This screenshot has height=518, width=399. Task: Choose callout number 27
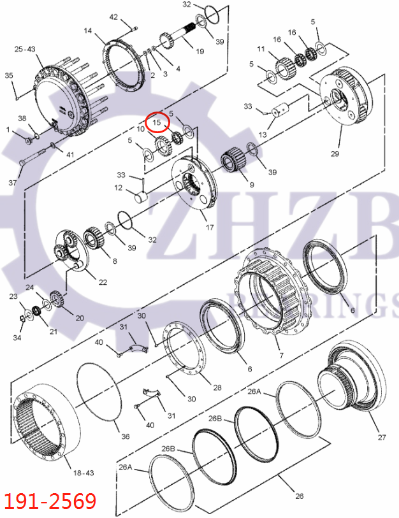[382, 437]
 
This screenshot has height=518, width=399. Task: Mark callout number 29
[335, 154]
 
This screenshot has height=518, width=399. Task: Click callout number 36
[125, 436]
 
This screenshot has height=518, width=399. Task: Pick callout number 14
[88, 31]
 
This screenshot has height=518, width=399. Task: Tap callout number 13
[263, 134]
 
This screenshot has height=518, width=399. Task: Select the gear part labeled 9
[233, 161]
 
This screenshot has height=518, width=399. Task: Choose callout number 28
[218, 387]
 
